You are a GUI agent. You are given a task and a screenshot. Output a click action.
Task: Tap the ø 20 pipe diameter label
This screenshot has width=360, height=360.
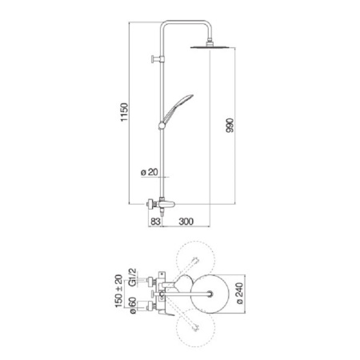[147, 172]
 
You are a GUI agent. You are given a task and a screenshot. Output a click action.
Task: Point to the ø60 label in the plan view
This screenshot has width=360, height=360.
[126, 307]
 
